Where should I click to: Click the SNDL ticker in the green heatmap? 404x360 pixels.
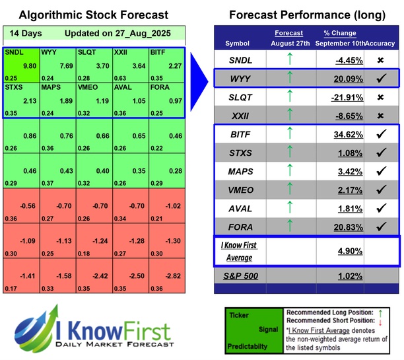pyautogui.click(x=13, y=52)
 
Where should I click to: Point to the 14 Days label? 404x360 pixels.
pyautogui.click(x=24, y=32)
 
